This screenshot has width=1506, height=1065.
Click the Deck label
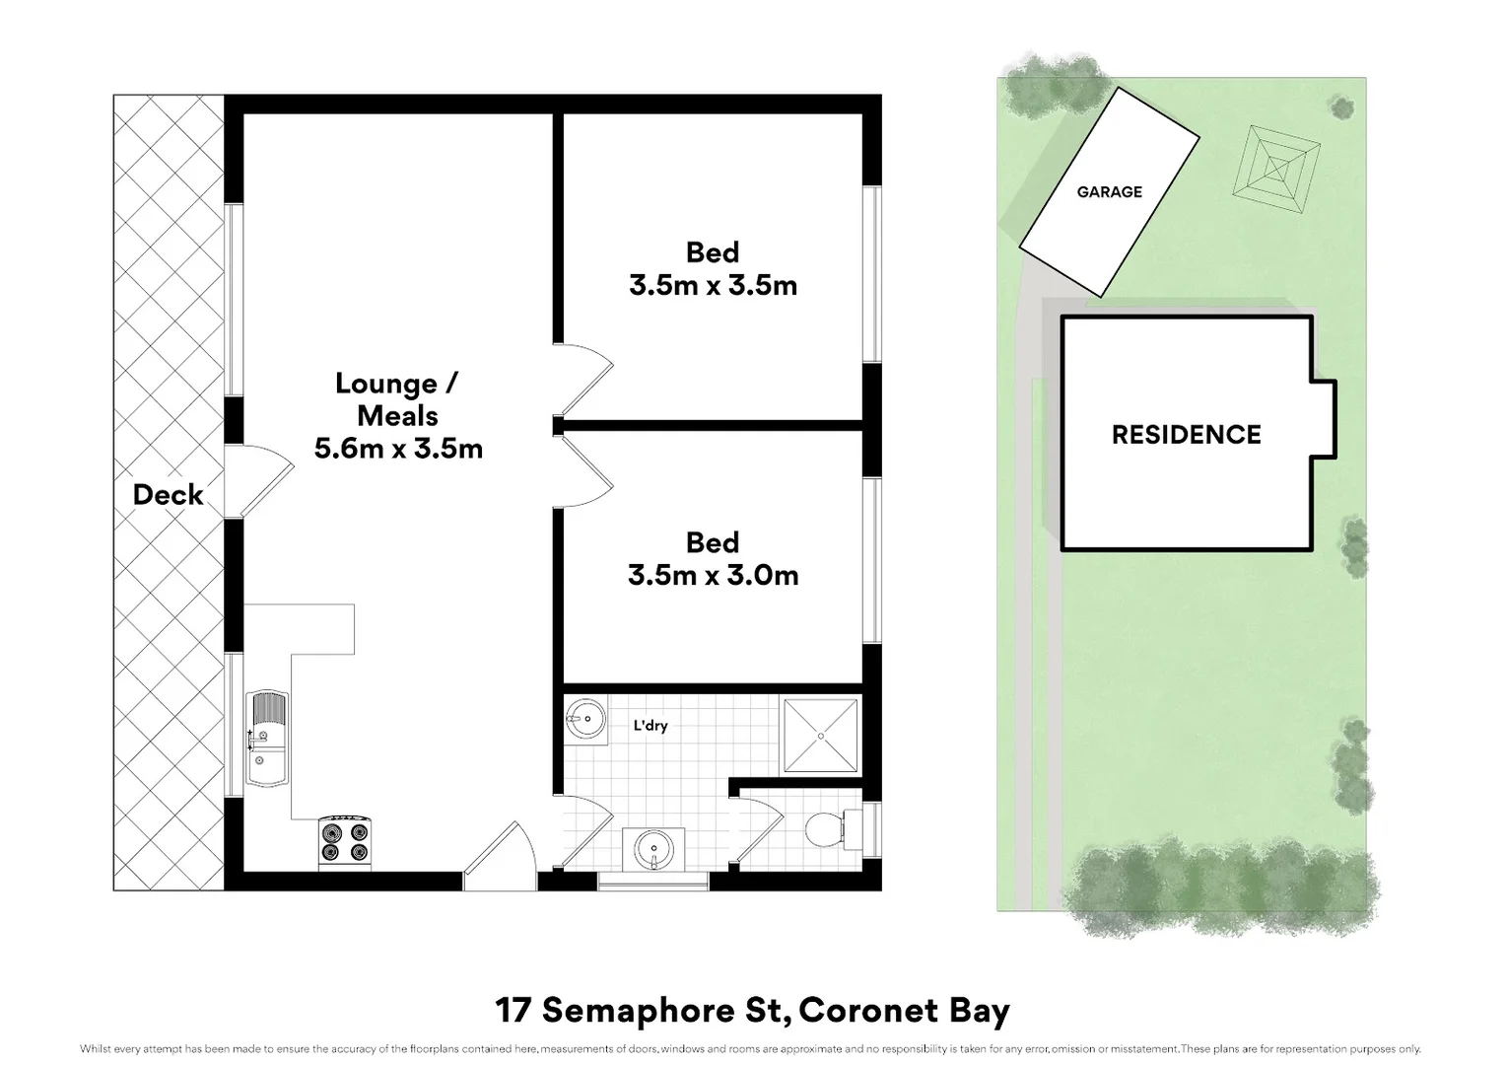tap(168, 494)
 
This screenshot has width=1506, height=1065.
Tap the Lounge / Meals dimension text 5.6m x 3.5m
tap(398, 449)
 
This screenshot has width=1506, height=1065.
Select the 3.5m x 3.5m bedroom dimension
tap(713, 285)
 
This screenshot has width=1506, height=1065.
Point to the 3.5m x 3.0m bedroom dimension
tap(713, 575)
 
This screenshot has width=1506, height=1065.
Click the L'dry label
tap(650, 726)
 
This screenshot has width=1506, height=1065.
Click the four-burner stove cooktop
tap(345, 842)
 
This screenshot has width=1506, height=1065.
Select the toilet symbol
tap(826, 829)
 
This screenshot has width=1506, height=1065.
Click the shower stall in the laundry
tap(819, 736)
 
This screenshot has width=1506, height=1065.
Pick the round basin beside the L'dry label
tap(585, 719)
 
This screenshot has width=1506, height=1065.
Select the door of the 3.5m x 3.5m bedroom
tap(585, 381)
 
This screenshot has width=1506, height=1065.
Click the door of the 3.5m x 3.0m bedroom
tap(585, 471)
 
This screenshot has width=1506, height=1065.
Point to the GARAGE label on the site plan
tap(1109, 192)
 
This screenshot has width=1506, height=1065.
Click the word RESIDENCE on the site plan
tap(1186, 435)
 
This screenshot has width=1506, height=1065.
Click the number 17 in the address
tap(513, 1011)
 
